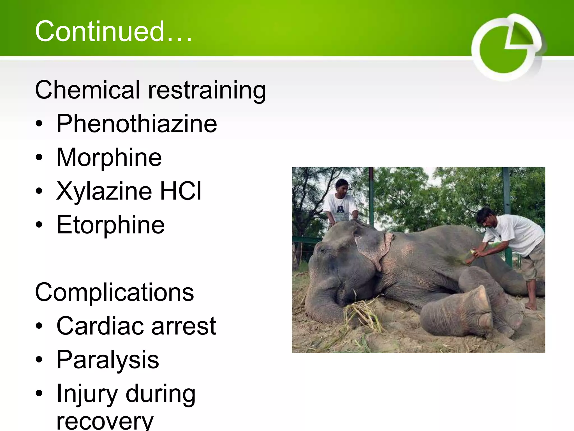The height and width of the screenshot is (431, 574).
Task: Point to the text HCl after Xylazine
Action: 180,191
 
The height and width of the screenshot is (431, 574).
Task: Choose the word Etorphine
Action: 110,225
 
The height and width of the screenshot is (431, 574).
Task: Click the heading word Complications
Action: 114,292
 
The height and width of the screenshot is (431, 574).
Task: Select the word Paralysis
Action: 108,360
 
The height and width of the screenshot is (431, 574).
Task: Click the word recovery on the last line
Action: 105,421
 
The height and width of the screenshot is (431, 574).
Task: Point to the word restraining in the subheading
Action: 207,90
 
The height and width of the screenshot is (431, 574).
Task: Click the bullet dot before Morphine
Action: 39,157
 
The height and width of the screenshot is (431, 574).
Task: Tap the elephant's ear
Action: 373,247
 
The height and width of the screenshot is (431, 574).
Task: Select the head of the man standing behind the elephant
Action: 342,187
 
